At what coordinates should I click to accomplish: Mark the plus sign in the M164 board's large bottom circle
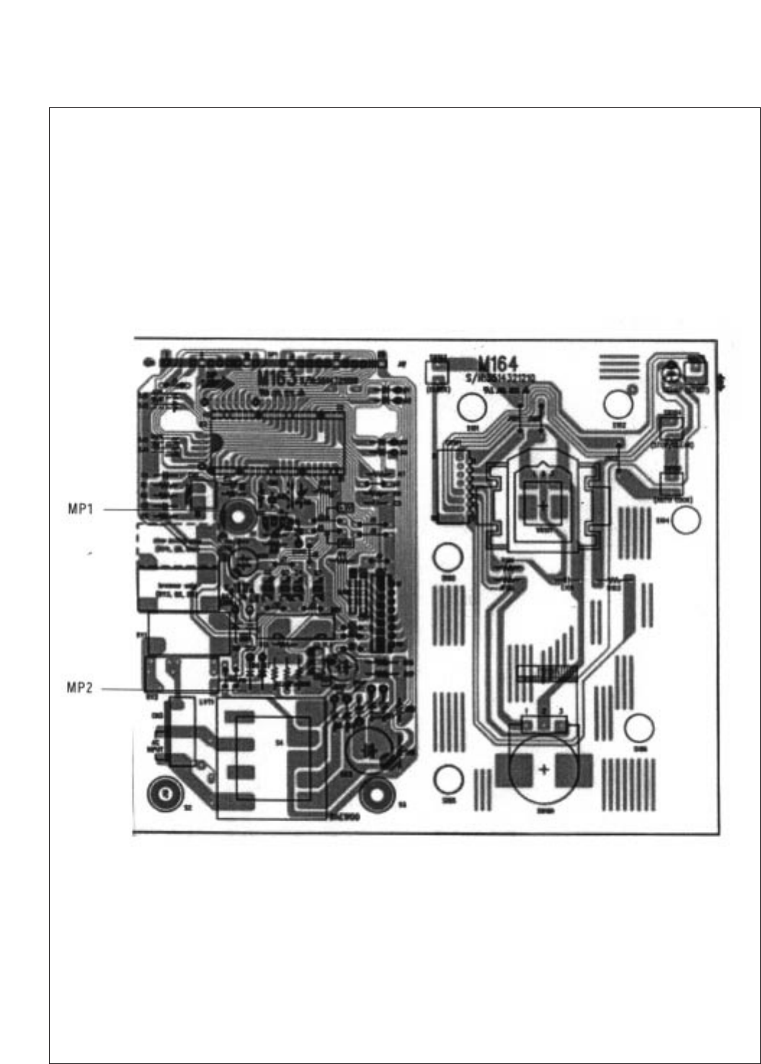pyautogui.click(x=543, y=769)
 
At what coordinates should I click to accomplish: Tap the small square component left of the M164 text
pyautogui.click(x=437, y=372)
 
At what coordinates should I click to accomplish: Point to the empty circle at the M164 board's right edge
pyautogui.click(x=687, y=519)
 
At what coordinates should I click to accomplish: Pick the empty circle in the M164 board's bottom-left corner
pyautogui.click(x=448, y=779)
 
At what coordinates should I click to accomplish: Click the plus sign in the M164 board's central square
pyautogui.click(x=542, y=506)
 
